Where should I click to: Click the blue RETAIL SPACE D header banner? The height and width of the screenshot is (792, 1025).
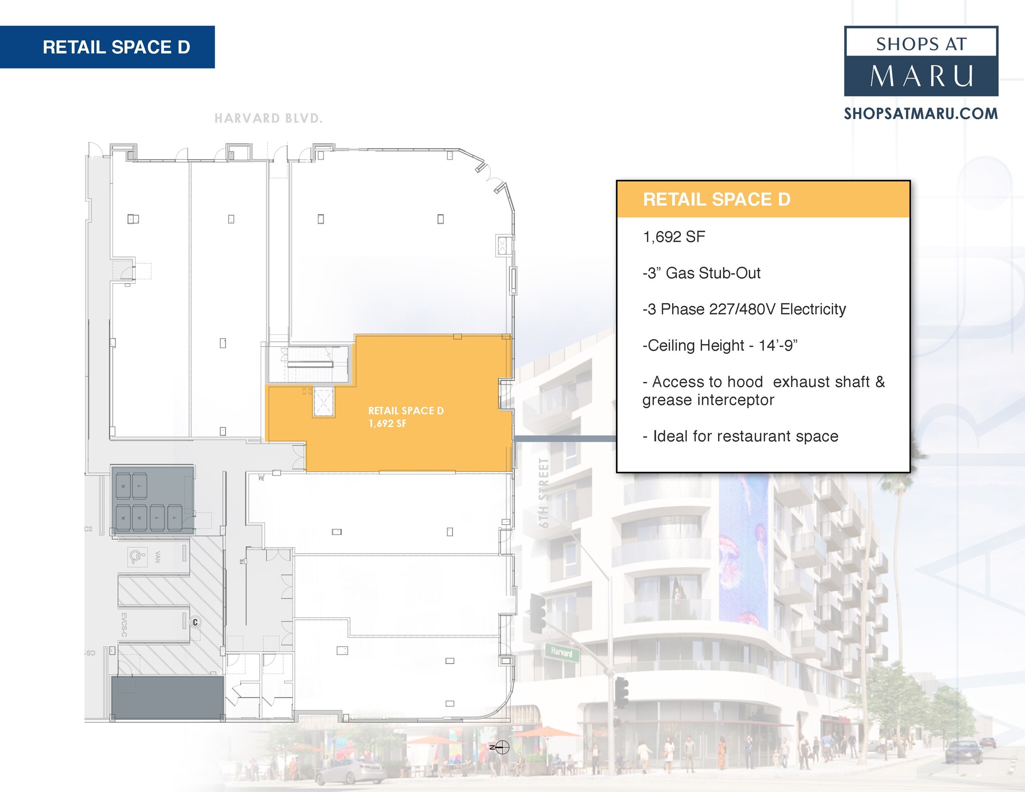107,47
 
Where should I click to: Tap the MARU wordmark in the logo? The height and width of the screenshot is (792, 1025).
921,77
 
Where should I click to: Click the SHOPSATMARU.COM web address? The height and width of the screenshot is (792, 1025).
921,114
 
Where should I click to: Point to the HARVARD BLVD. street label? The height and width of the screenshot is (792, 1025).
268,119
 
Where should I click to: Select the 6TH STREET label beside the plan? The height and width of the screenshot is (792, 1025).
544,493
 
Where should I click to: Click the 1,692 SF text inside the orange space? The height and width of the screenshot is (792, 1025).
387,424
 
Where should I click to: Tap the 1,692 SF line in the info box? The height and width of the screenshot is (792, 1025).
674,237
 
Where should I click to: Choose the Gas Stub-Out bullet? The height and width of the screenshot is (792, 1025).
701,273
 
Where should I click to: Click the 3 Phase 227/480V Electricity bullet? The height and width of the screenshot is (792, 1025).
744,309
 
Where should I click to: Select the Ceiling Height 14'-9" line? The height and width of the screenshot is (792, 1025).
720,346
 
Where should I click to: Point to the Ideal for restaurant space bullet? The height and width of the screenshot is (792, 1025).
740,436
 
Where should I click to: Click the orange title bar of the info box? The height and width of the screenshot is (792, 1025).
763,199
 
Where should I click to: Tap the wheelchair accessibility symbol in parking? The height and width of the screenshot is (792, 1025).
137,556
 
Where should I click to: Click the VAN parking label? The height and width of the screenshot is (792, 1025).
158,557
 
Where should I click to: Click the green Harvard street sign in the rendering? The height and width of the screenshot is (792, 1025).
562,652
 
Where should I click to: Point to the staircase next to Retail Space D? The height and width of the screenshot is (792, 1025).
310,364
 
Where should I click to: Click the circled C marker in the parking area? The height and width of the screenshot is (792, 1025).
195,622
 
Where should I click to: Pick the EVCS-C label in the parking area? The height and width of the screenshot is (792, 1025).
124,625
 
